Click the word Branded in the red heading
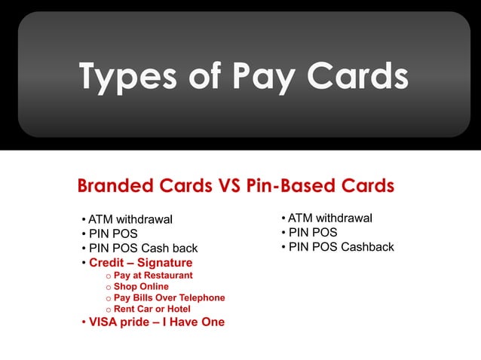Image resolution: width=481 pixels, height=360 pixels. pos(115,185)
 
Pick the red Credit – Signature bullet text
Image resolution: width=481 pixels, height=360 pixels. pos(140,263)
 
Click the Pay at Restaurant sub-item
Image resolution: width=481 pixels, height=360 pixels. pos(148,276)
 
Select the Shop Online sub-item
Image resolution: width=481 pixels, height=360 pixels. pos(141,287)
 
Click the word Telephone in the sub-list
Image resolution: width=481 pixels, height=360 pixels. pos(201,298)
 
